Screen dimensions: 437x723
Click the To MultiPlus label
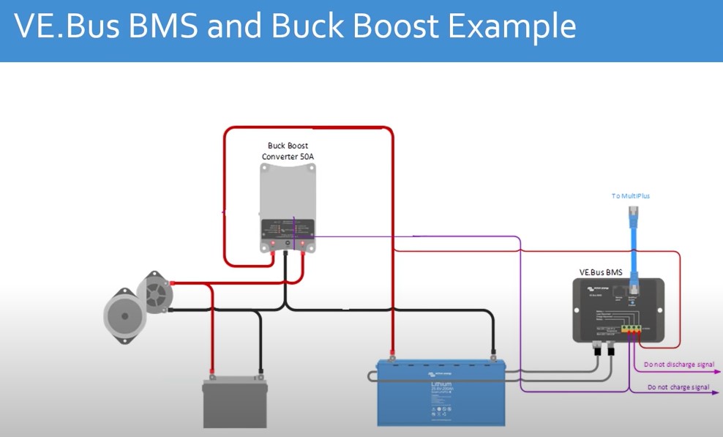[631, 196]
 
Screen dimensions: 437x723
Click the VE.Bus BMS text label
[600, 272]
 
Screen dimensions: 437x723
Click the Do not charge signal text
[678, 387]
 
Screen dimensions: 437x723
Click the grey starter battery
[235, 403]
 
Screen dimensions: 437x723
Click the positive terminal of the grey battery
[212, 377]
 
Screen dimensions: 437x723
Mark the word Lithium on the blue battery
[441, 383]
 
